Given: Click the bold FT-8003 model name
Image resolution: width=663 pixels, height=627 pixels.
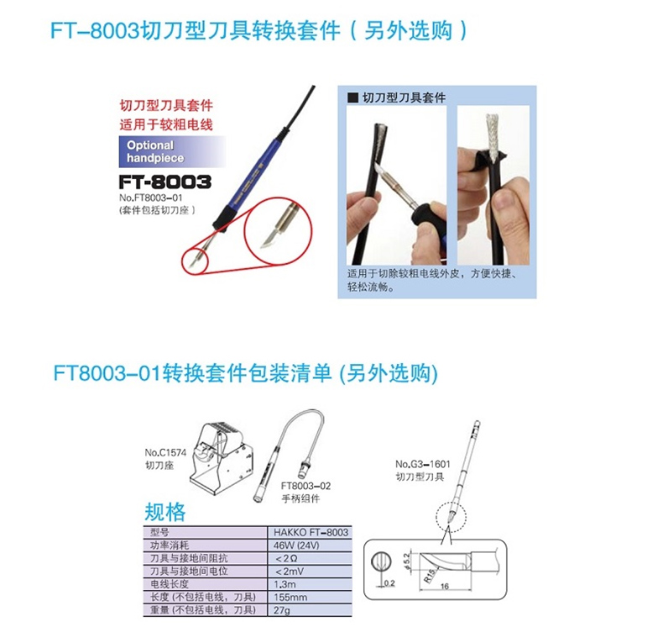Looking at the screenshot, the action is (x=164, y=182).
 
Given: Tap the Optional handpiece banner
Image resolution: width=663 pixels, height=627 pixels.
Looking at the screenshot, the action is (x=172, y=151).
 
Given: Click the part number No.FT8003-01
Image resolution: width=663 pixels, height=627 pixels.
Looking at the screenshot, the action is (x=150, y=198).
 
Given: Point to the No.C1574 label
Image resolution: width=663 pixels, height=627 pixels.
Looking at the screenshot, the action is (x=165, y=452).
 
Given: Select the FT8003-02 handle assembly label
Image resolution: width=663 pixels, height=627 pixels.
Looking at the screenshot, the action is (x=305, y=486).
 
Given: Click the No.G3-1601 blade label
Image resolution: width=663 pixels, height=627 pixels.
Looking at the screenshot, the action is (x=423, y=464).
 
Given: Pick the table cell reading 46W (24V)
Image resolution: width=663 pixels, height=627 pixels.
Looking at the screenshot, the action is (x=296, y=545).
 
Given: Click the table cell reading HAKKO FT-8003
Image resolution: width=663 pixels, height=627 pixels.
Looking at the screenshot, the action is (x=311, y=532).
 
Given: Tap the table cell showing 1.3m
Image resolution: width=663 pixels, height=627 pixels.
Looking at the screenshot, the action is (x=285, y=584).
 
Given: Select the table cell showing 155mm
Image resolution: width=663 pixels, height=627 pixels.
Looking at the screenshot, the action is (x=290, y=598).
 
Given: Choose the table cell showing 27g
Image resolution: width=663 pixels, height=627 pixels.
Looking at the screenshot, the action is (x=282, y=610).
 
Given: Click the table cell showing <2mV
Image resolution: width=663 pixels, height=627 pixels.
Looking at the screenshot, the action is (x=290, y=572).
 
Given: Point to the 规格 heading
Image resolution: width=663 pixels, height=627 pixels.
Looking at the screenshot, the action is (x=164, y=512).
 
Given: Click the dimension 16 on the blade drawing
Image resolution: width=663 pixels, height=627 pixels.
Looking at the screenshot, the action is (x=445, y=587).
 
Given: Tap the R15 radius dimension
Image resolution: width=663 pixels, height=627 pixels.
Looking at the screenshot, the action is (x=429, y=576).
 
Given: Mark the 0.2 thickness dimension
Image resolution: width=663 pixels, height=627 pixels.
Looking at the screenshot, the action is (x=389, y=583).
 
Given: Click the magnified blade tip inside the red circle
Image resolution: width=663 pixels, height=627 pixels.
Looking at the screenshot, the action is (x=269, y=239).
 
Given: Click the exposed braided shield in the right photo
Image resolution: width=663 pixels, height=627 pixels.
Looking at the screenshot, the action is (x=493, y=134).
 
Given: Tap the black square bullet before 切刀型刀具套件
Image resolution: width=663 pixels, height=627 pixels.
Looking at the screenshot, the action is (x=352, y=97).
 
